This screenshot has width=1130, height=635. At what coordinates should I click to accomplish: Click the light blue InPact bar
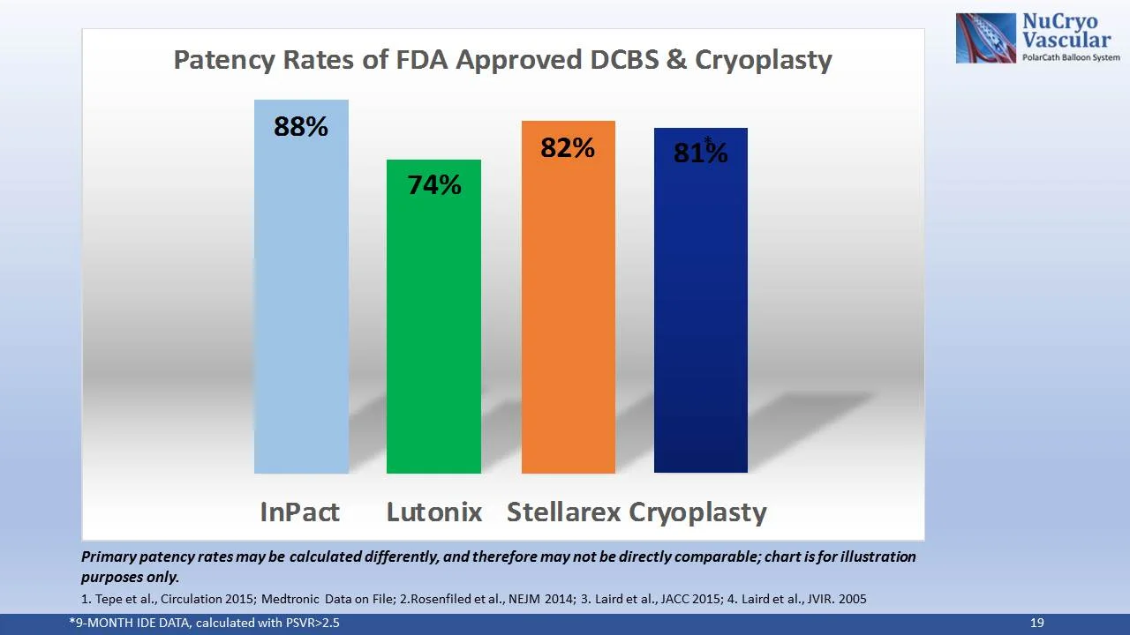[x=301, y=300]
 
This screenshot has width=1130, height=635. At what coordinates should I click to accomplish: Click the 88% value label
[x=301, y=127]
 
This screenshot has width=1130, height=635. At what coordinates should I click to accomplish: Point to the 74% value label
[x=433, y=185]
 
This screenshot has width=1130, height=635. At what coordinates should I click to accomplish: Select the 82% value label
[x=568, y=148]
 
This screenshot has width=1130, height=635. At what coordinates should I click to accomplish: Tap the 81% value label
[x=700, y=153]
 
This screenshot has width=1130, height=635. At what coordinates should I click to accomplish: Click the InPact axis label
[x=299, y=512]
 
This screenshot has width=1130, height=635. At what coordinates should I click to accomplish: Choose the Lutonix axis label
[x=434, y=512]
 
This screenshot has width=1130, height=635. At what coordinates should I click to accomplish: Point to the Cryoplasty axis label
[x=697, y=512]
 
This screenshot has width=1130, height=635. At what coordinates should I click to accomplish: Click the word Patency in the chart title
[x=223, y=60]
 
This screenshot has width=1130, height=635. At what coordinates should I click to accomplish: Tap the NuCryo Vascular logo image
[x=986, y=38]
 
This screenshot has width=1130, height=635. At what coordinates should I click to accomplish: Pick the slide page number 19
[x=1037, y=624]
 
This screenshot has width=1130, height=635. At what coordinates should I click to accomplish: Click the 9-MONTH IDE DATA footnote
[x=204, y=624]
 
